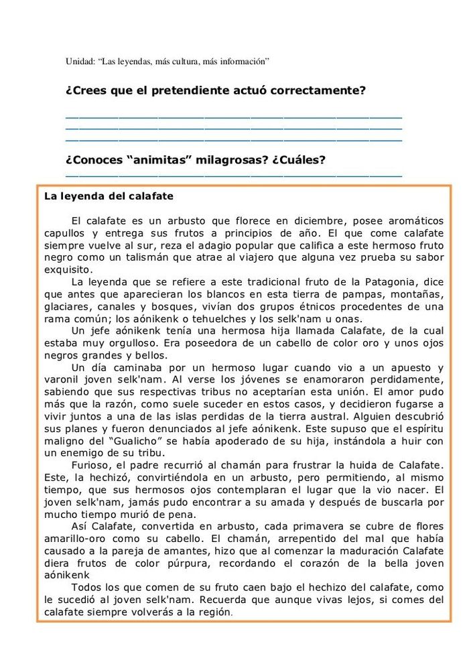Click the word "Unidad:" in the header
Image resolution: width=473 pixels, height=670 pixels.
79,62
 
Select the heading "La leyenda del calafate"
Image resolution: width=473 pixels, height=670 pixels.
109,197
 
